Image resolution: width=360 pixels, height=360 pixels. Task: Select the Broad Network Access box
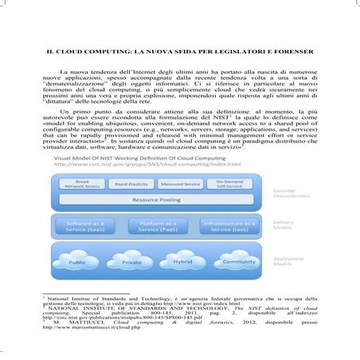(88, 185)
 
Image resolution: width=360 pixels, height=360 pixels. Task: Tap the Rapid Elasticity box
(133, 185)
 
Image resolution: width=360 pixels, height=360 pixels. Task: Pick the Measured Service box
(179, 185)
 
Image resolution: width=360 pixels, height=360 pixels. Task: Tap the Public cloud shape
(78, 261)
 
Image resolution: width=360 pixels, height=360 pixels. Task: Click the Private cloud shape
(131, 261)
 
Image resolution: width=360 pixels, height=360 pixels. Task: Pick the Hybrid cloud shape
(182, 260)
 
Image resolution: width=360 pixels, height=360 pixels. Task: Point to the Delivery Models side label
(284, 226)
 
